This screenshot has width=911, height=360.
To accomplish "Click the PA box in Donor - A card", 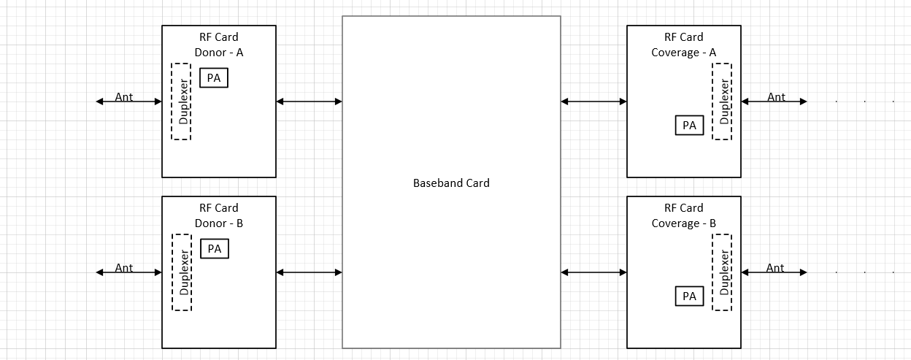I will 214,78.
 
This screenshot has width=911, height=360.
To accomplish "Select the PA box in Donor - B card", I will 215,249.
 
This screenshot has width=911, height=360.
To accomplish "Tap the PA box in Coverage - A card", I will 689,126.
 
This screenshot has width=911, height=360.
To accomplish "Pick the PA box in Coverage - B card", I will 689,296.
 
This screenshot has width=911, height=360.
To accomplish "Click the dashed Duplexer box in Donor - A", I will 181,102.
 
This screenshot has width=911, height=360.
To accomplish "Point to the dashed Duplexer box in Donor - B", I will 182,272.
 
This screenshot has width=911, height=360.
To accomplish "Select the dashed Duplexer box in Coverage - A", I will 722,102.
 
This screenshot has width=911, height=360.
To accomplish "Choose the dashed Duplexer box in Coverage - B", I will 722,272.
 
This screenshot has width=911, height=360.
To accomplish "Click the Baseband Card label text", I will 451,183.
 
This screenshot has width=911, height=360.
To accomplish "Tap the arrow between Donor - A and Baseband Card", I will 310,102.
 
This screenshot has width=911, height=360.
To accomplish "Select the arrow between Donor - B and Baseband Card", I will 310,272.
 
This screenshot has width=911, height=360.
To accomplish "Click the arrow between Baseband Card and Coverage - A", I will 593,102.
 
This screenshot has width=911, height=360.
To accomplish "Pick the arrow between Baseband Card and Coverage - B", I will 593,272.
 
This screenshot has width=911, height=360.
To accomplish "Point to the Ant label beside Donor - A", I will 124,97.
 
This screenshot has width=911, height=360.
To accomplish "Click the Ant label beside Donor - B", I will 124,268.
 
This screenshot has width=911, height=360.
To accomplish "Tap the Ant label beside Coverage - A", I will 776,97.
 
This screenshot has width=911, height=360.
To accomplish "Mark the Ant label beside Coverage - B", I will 775,268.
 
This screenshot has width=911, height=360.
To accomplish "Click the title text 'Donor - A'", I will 219,53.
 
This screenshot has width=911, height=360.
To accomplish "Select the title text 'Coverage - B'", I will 684,223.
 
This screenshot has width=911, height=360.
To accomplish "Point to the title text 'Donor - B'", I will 219,223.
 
